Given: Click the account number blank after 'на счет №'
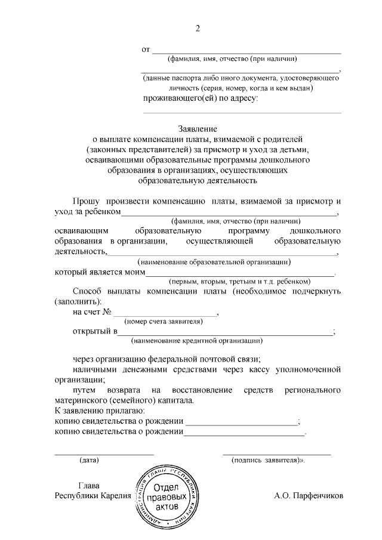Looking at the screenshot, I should (165, 314).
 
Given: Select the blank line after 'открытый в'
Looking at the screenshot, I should (226, 332).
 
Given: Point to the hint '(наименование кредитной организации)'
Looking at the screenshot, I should (196, 341).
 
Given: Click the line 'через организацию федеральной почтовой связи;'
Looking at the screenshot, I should (168, 360).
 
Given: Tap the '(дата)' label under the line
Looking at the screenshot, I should (89, 460).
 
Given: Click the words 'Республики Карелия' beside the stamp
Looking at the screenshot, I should (93, 496).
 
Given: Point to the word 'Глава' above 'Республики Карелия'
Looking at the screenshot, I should (89, 485).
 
